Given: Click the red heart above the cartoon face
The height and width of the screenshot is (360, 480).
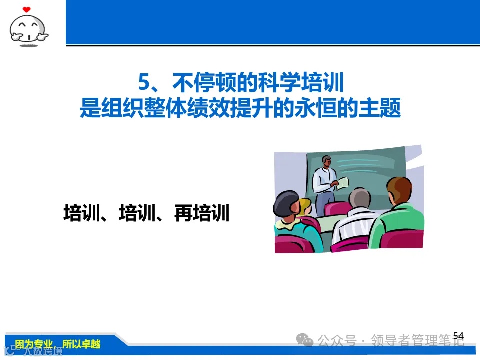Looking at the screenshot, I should (27, 9).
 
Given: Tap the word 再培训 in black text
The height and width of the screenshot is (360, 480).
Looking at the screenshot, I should (201, 213).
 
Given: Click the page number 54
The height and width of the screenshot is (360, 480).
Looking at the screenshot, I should (458, 336).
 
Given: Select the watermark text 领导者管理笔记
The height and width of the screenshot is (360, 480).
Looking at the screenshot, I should (417, 341).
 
